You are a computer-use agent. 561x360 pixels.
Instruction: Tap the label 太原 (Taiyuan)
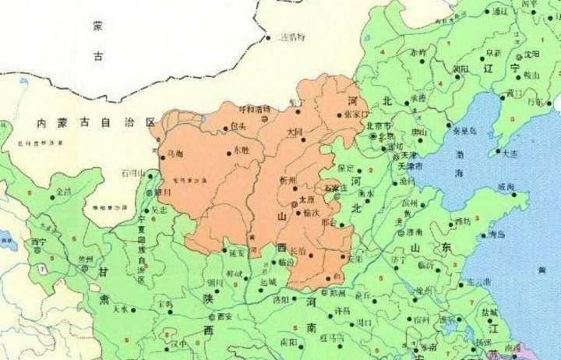pos(307,199)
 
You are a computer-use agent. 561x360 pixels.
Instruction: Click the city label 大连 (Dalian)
pos(510,154)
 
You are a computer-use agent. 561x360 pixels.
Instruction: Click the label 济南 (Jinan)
pos(414,232)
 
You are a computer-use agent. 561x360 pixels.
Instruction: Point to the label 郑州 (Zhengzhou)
pos(337,293)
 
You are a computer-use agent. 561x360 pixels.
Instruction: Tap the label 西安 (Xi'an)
pos(224,317)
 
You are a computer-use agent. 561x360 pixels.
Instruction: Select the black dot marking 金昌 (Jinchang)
pos(52,197)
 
